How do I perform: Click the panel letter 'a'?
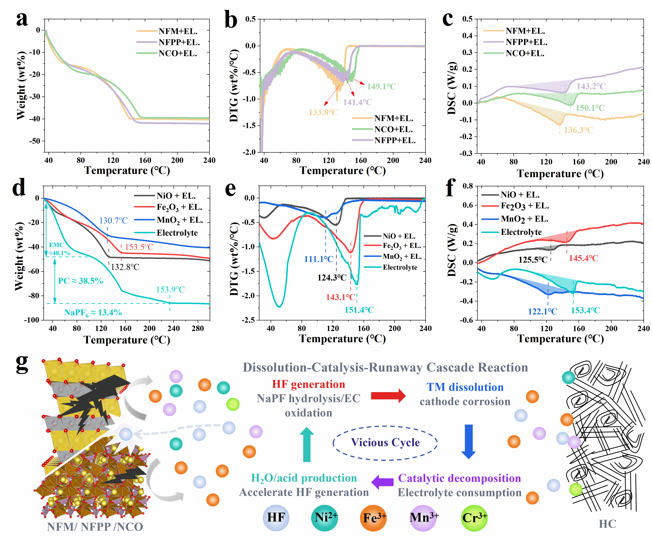point(22,20)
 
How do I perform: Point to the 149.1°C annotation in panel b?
point(381,86)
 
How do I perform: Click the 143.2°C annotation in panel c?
point(591,86)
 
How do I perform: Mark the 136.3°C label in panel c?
point(578,130)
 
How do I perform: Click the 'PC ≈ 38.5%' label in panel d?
point(81,281)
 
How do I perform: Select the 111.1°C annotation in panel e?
point(319,259)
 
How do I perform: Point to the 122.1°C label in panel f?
point(542,311)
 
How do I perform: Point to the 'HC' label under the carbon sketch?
point(607,524)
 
